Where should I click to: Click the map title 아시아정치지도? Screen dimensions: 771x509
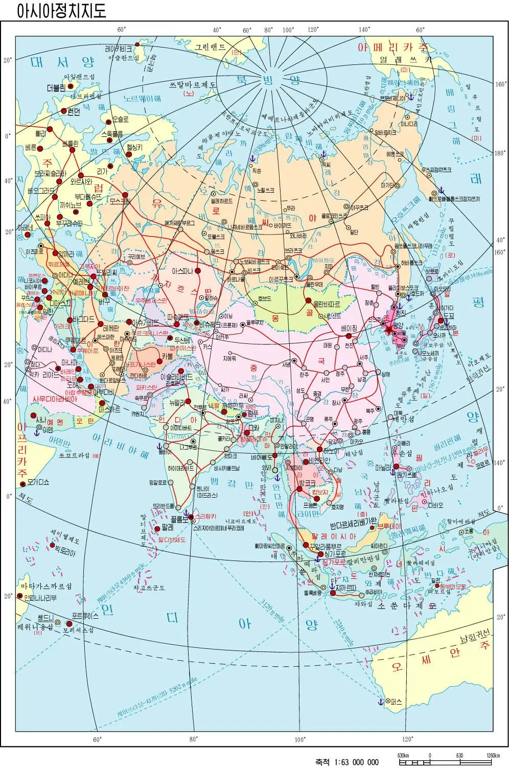[x=61, y=11]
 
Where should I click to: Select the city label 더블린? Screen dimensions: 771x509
[x=56, y=87]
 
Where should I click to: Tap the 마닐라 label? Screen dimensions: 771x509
[x=384, y=467]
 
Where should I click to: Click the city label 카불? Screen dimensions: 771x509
[x=168, y=356]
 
